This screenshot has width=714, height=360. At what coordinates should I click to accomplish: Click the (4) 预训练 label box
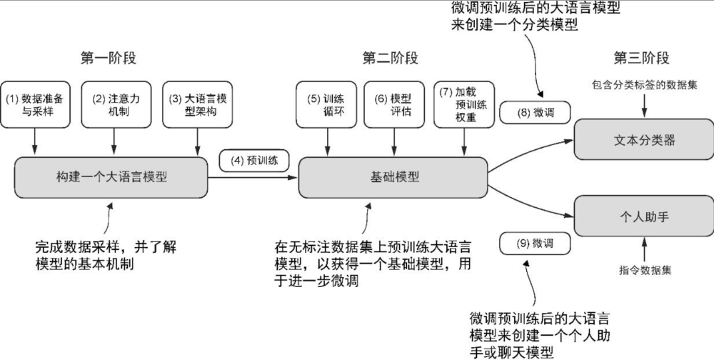[x=253, y=161]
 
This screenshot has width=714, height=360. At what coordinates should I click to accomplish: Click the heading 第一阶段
[x=109, y=58]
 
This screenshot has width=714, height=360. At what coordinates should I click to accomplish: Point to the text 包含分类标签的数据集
[x=645, y=84]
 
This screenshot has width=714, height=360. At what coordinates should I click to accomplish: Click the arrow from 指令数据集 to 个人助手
[x=645, y=250]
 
